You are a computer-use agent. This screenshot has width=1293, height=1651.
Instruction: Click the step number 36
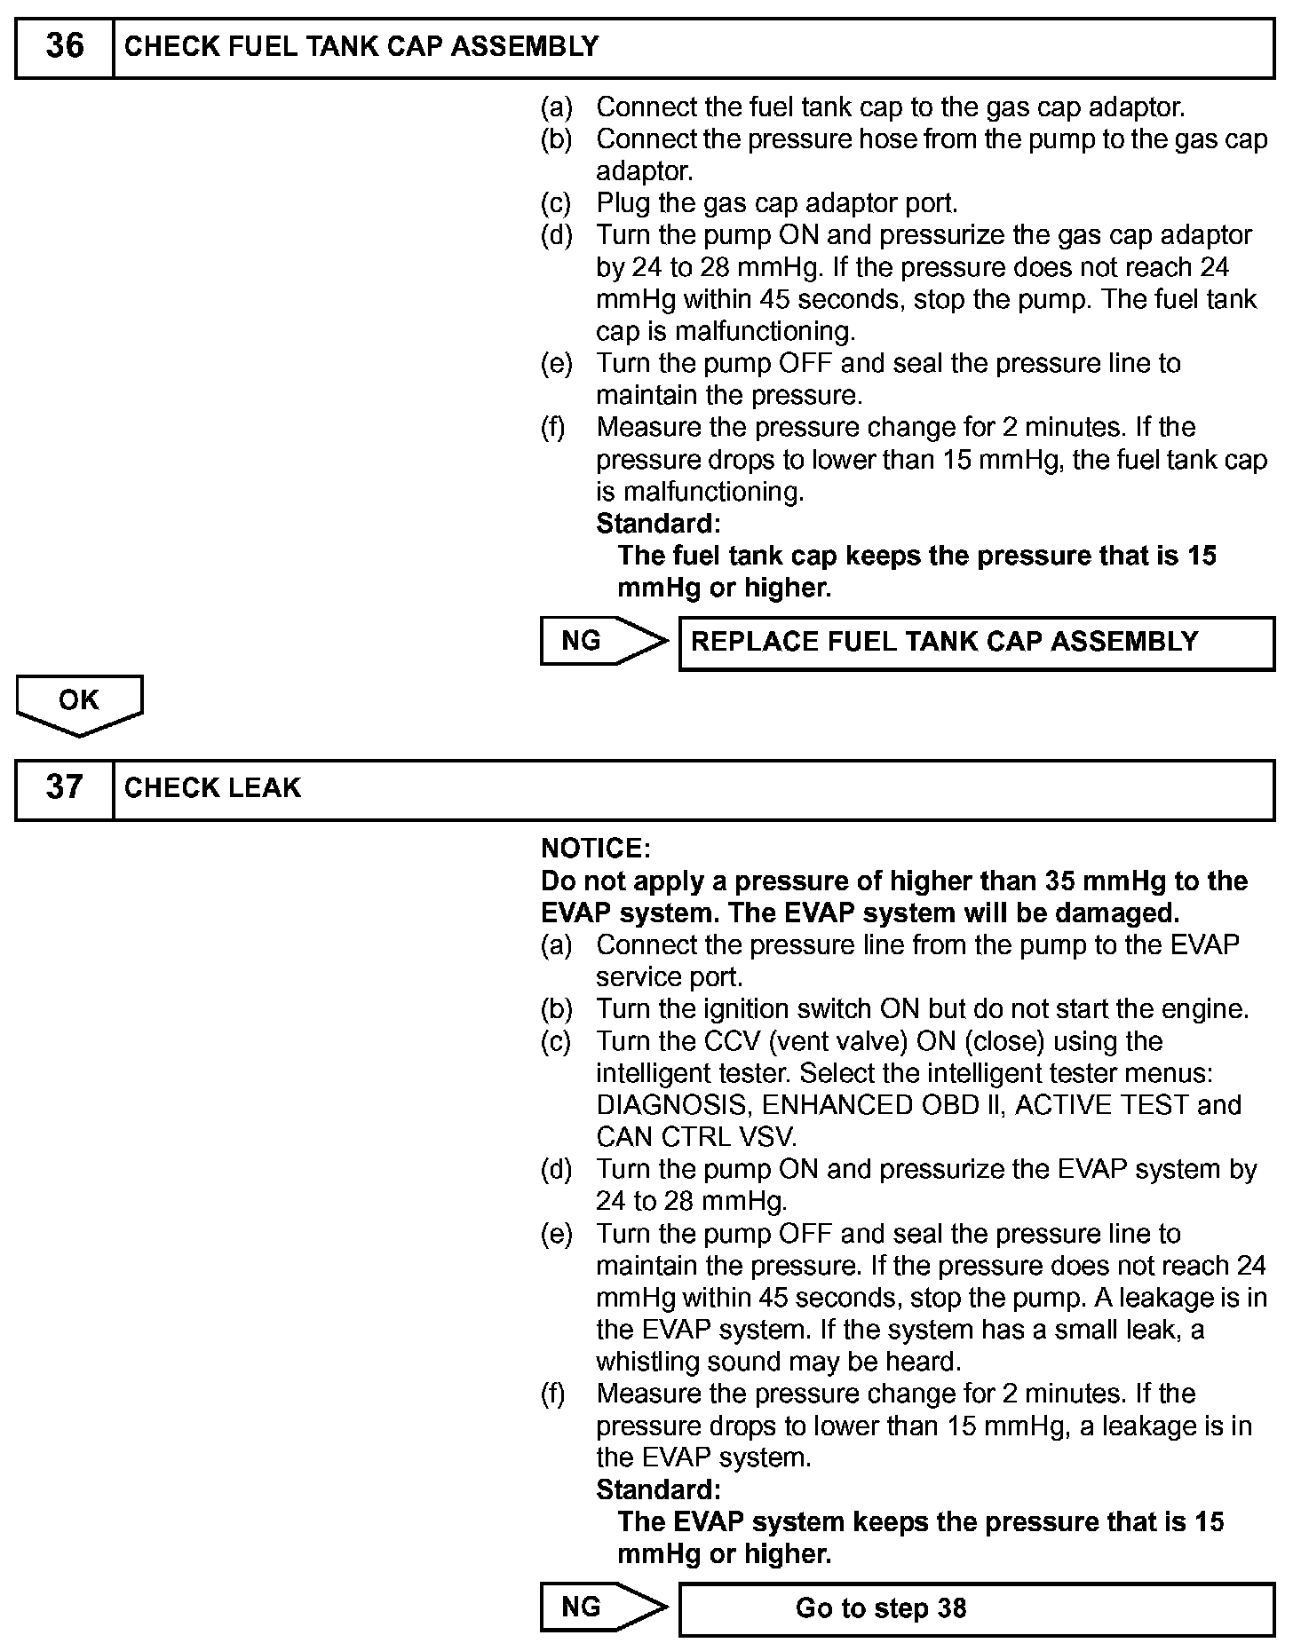pyautogui.click(x=64, y=46)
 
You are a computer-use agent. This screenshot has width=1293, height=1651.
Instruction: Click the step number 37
pyautogui.click(x=64, y=787)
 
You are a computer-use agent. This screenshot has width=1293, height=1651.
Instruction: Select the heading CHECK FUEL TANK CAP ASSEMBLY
pyautogui.click(x=361, y=46)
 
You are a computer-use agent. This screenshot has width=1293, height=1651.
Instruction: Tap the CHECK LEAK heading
pyautogui.click(x=212, y=787)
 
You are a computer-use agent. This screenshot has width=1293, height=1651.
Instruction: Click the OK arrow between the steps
pyautogui.click(x=79, y=703)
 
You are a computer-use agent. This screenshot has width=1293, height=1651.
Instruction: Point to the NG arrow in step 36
pyautogui.click(x=603, y=641)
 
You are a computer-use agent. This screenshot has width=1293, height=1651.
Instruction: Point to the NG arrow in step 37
pyautogui.click(x=603, y=1608)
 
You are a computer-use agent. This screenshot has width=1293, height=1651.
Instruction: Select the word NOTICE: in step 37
pyautogui.click(x=596, y=849)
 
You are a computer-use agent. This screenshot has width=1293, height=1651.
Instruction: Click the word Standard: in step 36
pyautogui.click(x=658, y=523)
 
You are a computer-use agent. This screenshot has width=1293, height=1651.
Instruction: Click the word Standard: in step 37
pyautogui.click(x=658, y=1489)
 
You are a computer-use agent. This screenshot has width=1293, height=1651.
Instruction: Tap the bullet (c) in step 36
pyautogui.click(x=557, y=203)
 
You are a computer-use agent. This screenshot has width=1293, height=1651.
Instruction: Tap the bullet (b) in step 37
pyautogui.click(x=557, y=1009)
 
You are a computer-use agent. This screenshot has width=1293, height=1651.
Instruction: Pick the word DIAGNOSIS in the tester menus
pyautogui.click(x=674, y=1105)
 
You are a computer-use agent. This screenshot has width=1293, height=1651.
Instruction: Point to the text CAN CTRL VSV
pyautogui.click(x=696, y=1137)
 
